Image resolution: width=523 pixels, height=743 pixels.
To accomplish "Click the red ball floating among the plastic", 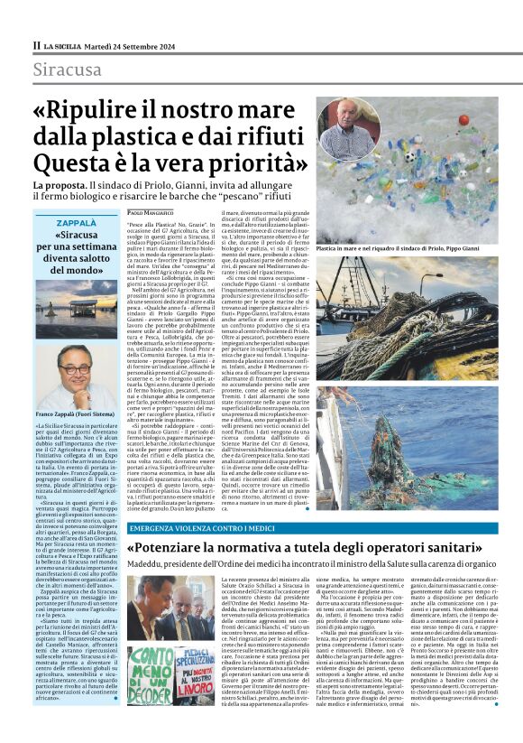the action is [463, 118].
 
